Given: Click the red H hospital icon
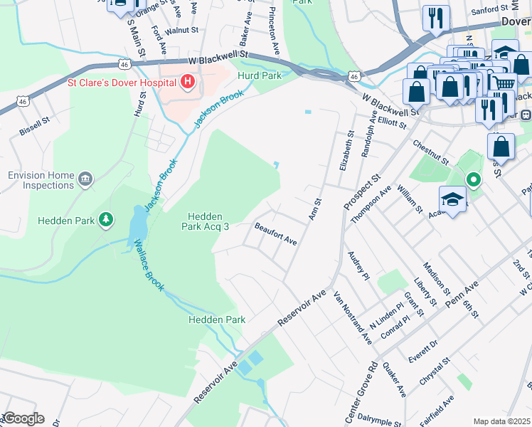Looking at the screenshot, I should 187,83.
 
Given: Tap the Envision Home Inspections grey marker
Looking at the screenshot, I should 85,178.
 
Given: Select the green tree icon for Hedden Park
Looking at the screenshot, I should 106,221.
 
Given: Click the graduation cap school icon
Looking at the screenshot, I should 452,199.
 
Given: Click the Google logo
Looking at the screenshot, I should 23,418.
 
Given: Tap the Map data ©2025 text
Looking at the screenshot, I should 501,421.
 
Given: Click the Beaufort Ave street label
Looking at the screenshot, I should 276,234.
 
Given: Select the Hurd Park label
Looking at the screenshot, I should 260,75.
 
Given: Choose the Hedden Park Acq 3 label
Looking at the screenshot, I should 207,222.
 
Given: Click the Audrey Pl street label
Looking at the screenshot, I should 358,265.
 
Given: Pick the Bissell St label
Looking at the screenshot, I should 34,126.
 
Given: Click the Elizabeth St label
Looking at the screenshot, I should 349,149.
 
